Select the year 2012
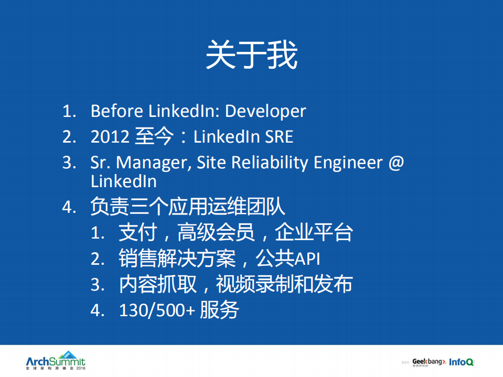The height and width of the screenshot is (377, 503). coord(110,137)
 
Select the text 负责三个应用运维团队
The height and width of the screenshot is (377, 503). coord(188,206)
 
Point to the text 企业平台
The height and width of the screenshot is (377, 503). coord(314,232)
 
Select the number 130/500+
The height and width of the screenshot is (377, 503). coord(157,310)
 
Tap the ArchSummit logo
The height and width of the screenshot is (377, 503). coord(55,361)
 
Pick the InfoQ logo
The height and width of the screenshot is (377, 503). coord(462,361)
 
